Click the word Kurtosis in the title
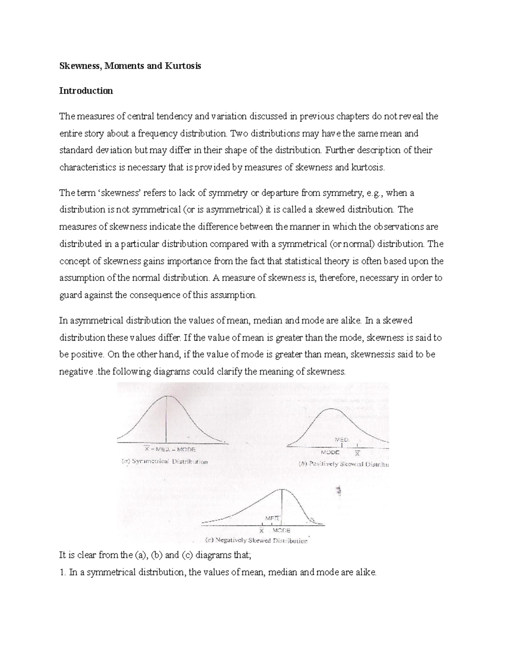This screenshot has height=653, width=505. point(183,66)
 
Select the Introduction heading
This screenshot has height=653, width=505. point(86,91)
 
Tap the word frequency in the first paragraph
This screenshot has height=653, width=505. point(158,133)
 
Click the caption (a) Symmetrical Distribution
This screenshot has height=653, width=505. point(165,461)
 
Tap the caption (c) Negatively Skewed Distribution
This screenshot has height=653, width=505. point(256,541)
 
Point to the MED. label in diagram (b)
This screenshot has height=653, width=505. point(342,439)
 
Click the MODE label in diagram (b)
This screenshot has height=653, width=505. point(330,452)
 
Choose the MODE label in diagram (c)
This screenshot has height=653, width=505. point(281,531)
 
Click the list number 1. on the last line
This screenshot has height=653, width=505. point(62,572)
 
